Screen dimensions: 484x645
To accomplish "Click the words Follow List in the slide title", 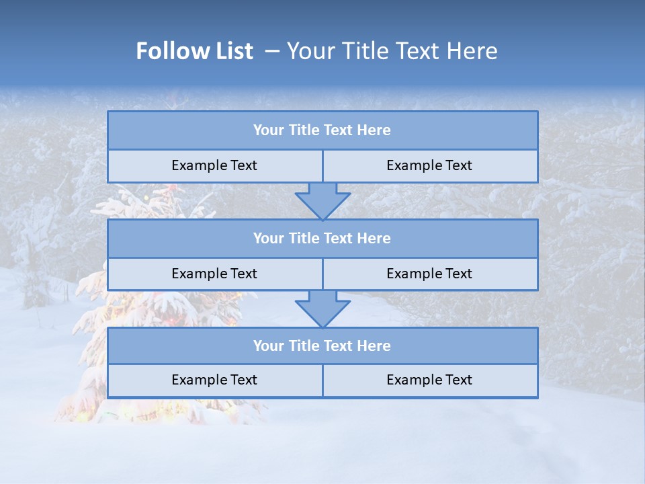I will pos(195,51).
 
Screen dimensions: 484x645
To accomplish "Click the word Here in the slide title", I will pos(476,51).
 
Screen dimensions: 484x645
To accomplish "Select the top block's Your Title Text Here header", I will pos(322,130).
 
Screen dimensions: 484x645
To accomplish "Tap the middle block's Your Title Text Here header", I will pos(322,239).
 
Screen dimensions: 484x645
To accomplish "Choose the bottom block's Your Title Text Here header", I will pos(322,346).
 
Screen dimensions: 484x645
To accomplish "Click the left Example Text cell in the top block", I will pos(214,166).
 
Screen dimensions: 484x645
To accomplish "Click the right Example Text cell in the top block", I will pos(429,166).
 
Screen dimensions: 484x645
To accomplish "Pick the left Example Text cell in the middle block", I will pos(214,274).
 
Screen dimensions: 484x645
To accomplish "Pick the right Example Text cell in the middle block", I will pos(429,274).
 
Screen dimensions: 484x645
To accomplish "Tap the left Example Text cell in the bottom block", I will pos(214,380).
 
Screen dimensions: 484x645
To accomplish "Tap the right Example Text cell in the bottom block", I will pos(429,380).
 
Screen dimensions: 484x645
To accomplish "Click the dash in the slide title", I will pos(272,51).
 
